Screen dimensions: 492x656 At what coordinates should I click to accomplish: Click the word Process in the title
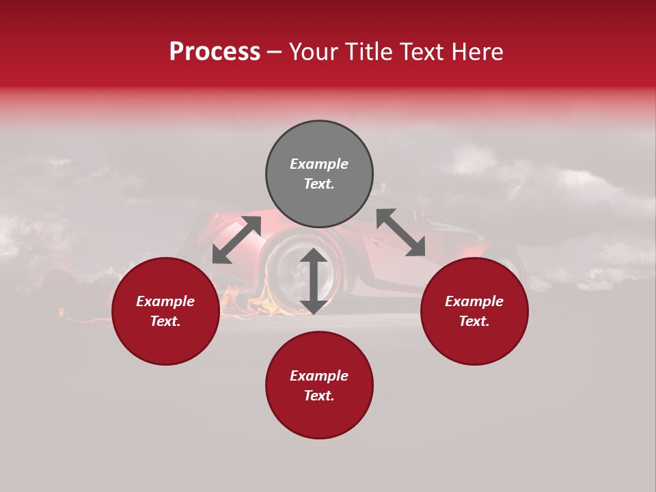click(215, 52)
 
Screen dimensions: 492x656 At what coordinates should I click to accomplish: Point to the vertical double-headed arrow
click(314, 281)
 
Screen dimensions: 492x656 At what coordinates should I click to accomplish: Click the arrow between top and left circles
click(236, 239)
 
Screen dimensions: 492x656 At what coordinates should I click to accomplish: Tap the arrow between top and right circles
click(400, 232)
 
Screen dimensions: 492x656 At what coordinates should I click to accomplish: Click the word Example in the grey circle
click(319, 164)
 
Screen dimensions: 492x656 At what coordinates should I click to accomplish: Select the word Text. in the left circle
click(165, 321)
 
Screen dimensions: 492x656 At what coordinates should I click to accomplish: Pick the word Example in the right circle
click(474, 301)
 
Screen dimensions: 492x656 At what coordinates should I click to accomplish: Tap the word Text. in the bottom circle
click(319, 396)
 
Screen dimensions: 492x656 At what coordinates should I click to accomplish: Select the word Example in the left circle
click(165, 301)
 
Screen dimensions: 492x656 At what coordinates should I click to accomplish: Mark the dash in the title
click(275, 53)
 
